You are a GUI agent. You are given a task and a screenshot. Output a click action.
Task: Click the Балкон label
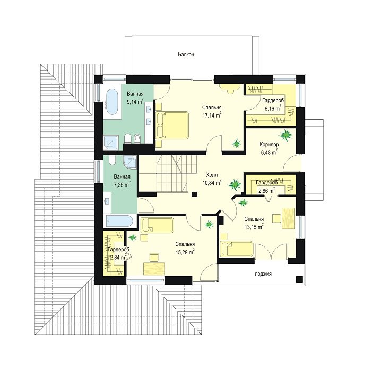(x=186, y=54)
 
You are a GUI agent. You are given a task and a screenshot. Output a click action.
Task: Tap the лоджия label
(x=263, y=274)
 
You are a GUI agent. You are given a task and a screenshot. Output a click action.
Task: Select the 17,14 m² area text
(x=212, y=115)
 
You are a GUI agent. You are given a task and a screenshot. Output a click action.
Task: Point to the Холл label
(x=212, y=175)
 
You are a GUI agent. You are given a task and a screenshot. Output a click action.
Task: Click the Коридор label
(x=269, y=144)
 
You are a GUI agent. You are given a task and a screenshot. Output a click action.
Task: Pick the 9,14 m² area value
(x=135, y=102)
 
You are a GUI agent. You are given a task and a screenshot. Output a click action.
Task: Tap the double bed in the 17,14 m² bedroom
(x=172, y=125)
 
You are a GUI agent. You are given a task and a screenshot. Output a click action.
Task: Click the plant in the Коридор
(x=286, y=135)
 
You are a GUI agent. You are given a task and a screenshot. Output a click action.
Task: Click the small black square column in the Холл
(x=194, y=195)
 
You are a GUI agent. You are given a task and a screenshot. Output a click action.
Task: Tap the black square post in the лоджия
(x=299, y=279)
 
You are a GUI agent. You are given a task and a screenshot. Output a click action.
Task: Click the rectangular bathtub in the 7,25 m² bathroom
(x=119, y=221)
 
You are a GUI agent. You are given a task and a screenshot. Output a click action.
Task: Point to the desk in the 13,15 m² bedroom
(x=288, y=218)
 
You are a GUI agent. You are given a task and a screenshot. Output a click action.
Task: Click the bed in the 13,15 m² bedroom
(x=237, y=249)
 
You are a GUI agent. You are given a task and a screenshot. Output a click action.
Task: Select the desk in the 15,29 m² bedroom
(x=154, y=268)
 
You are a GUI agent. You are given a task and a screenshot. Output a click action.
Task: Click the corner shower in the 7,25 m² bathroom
(x=130, y=162)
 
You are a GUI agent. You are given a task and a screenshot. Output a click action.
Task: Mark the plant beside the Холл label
(x=235, y=184)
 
